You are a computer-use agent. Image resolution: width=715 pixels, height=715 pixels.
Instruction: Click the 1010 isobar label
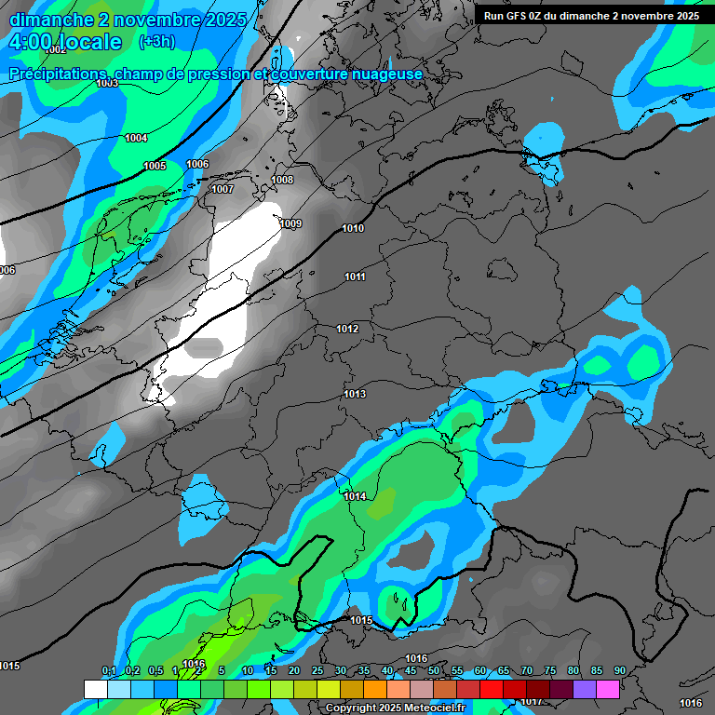click(353, 228)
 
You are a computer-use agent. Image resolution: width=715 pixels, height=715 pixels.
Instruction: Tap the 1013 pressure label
click(354, 394)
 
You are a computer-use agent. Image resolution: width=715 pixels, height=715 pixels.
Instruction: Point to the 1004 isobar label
click(136, 138)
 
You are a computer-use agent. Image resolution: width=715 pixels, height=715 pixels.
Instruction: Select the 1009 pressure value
click(290, 223)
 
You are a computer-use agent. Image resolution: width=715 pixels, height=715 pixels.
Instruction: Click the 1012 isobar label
click(347, 329)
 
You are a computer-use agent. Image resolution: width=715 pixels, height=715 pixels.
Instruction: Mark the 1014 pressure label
click(354, 496)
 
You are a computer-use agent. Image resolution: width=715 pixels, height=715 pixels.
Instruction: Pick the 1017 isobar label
click(531, 701)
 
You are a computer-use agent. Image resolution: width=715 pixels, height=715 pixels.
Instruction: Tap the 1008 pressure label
click(282, 180)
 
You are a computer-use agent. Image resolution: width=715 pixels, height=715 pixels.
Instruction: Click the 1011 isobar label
click(354, 277)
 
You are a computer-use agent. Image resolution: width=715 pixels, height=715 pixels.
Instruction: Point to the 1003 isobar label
click(107, 83)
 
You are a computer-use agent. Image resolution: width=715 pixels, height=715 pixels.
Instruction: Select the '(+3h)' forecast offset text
click(155, 42)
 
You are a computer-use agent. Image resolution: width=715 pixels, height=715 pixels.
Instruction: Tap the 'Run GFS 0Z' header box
click(591, 16)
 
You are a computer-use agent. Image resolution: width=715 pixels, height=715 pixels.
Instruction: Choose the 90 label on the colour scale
click(619, 670)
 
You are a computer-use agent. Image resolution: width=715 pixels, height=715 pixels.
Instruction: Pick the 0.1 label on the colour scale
click(108, 670)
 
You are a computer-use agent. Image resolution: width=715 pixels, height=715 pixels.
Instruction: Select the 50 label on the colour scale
click(434, 670)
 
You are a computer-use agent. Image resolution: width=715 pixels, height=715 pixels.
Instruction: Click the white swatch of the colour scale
click(95, 689)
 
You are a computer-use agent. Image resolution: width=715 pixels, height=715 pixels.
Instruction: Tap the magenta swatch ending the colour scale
click(608, 689)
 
